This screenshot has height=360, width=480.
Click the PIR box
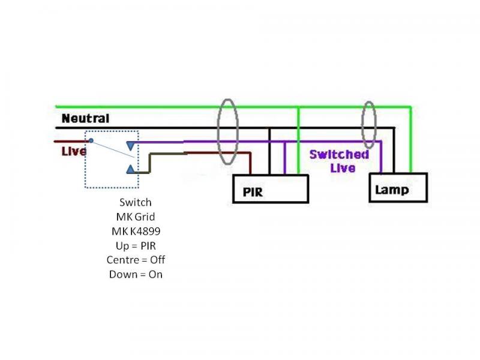click(271, 189)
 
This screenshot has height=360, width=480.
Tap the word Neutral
click(85, 119)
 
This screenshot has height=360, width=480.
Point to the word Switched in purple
click(339, 154)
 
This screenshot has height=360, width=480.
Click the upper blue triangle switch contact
click(131, 145)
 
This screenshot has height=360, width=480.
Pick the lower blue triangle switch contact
click(131, 170)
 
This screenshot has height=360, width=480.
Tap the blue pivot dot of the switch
click(91, 140)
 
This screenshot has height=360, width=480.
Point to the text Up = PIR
click(136, 245)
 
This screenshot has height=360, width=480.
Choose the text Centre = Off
click(136, 260)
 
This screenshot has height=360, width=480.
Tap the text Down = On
click(136, 274)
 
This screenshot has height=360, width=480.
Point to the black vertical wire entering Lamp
click(394, 150)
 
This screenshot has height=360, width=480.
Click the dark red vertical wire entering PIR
click(250, 163)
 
